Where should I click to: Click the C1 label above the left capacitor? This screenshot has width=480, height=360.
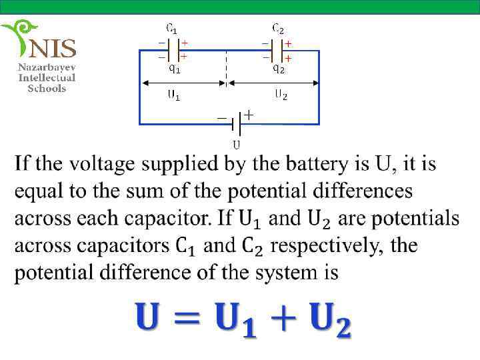click(x=171, y=29)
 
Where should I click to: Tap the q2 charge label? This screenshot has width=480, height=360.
click(x=279, y=67)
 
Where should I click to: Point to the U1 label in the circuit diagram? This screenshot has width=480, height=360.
click(x=173, y=95)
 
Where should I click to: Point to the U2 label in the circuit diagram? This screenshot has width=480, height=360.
click(x=281, y=95)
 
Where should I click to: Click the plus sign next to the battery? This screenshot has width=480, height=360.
click(x=248, y=115)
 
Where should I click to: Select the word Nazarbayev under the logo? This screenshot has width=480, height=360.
click(x=47, y=67)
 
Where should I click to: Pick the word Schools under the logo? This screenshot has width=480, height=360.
click(x=47, y=88)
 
